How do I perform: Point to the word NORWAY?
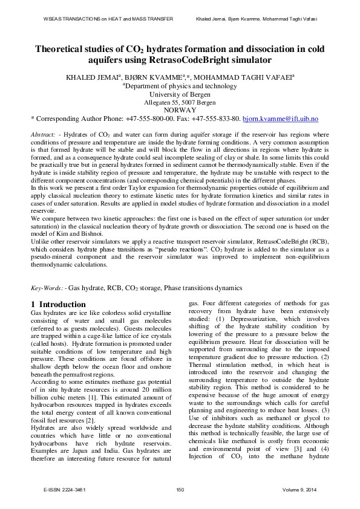[x=180, y=111]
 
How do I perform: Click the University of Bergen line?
[x=180, y=94]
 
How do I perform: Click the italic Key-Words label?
[x=47, y=288]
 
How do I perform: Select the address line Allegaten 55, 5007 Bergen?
[x=180, y=103]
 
